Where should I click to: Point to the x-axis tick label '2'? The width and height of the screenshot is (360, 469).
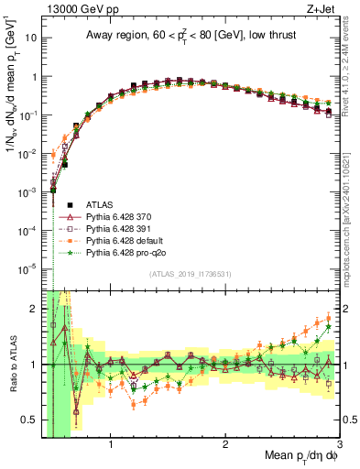(225, 444)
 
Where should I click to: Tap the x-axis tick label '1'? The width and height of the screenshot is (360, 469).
(111, 444)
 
